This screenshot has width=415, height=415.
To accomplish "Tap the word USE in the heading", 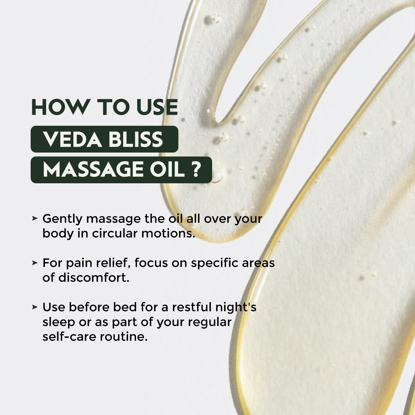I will pyautogui.click(x=155, y=107).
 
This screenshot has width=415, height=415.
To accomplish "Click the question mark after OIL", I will pyautogui.click(x=196, y=170).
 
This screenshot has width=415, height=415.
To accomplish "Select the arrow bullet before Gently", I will pyautogui.click(x=35, y=218).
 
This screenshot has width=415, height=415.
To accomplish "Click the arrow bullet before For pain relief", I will pyautogui.click(x=35, y=263).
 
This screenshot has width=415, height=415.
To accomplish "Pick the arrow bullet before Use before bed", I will pyautogui.click(x=35, y=307).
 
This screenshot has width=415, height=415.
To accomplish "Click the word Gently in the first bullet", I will pyautogui.click(x=62, y=219).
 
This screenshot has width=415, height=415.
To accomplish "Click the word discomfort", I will pyautogui.click(x=93, y=278).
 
